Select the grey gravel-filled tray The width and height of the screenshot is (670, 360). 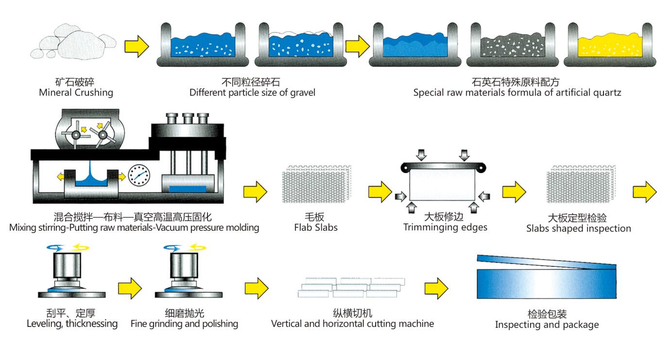point(513,47)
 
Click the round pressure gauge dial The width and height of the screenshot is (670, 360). point(139,175)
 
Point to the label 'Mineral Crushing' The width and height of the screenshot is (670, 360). point(76,92)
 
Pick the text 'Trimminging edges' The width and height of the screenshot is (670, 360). point(445,227)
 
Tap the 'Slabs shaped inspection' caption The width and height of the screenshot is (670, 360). point(578,228)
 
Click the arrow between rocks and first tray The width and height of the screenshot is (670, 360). point(137,46)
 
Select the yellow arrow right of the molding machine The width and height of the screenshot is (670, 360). point(255,191)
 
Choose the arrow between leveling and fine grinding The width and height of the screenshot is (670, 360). point(129,288)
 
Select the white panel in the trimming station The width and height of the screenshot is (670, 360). point(441,187)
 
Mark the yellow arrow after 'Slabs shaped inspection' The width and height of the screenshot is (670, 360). point(645,191)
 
